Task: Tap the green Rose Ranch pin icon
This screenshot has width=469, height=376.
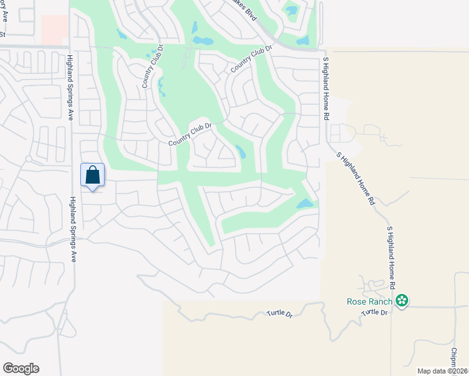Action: coord(402,301)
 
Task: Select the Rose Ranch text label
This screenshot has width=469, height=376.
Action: coord(370,301)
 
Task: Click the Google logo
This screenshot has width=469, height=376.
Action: coord(21,368)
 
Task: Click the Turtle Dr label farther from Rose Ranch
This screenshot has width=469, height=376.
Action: coord(280,313)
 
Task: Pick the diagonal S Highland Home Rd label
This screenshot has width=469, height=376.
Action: coord(356,179)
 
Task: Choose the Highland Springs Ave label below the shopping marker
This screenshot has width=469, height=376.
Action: coord(73,229)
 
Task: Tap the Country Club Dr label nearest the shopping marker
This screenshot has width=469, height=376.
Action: coord(191,135)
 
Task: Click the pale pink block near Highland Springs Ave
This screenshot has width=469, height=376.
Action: coord(55,30)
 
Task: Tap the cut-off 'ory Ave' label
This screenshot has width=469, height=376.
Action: coord(3,12)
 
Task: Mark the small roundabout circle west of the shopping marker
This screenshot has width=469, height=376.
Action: coord(28,159)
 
